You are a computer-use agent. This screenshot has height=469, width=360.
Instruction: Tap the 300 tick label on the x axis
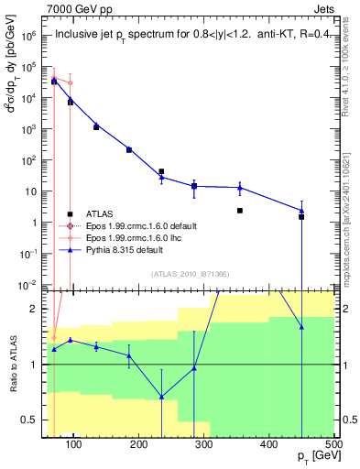[204, 445]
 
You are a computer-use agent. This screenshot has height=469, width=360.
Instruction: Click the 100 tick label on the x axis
[75, 445]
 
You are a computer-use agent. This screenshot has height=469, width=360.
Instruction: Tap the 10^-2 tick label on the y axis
[31, 286]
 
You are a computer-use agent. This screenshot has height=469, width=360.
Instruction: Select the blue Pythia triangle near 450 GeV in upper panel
[301, 211]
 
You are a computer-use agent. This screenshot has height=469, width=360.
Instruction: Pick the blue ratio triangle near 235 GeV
[161, 397]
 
